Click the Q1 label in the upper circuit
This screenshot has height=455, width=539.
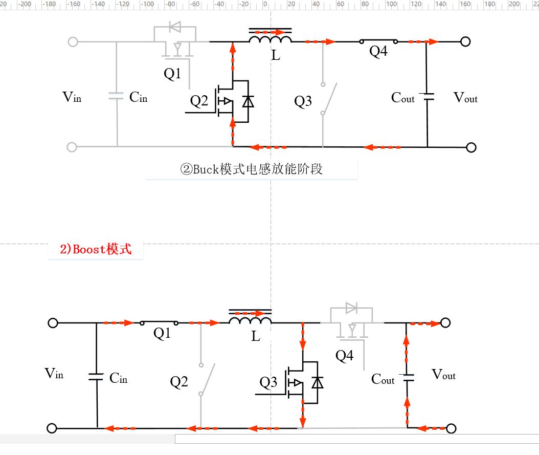point(172,74)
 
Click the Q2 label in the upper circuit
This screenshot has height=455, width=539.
point(199,101)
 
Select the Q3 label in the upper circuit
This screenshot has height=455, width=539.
point(303,101)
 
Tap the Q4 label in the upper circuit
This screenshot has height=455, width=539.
point(378,52)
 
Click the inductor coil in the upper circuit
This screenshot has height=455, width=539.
point(271,39)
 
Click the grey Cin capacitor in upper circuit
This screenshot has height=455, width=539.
point(117,96)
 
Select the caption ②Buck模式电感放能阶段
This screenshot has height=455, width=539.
point(252,169)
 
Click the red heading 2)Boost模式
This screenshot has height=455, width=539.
point(96,249)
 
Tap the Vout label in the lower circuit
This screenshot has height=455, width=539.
point(443,375)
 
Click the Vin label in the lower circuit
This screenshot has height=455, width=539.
point(54,374)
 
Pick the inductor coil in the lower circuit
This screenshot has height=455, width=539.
point(250,321)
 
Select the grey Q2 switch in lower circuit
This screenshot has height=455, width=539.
point(207,379)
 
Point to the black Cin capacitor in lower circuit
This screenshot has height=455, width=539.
point(96,377)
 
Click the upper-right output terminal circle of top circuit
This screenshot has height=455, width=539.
point(465,41)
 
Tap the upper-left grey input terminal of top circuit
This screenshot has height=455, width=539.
point(73,41)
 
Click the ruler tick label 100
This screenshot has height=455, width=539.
point(391,4)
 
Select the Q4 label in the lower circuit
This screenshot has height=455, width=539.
point(344,356)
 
